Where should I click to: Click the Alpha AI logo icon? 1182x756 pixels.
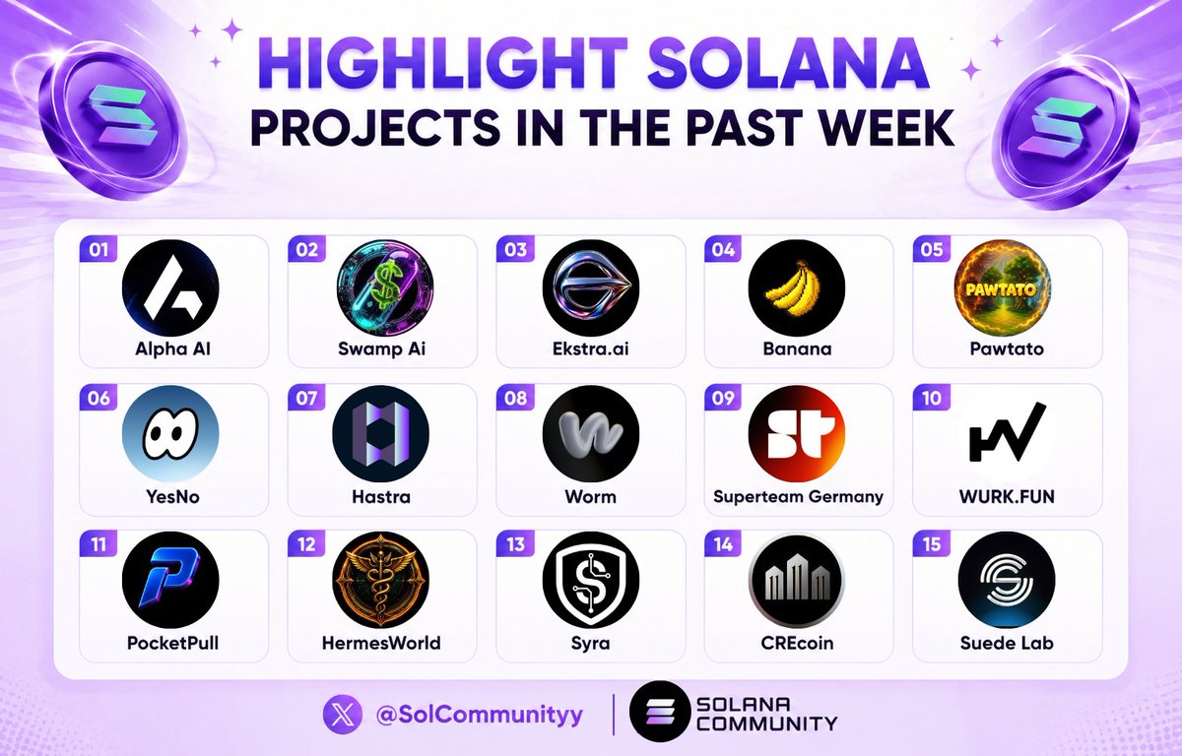click(x=170, y=287)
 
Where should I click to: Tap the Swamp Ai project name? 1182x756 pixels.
click(x=381, y=349)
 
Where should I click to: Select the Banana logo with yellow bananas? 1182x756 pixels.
click(x=797, y=287)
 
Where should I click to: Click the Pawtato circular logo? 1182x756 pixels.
click(x=1002, y=287)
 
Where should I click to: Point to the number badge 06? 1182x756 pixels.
click(x=98, y=398)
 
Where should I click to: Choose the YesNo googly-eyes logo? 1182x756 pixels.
click(x=170, y=434)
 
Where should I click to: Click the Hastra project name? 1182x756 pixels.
click(x=381, y=497)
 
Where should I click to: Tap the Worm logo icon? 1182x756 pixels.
click(x=590, y=434)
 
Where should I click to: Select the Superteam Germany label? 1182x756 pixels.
click(x=798, y=497)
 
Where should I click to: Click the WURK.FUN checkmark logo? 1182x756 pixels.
click(x=1007, y=434)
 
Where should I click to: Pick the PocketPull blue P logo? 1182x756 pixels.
click(x=170, y=580)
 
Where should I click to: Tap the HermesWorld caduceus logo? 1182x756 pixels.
click(x=381, y=580)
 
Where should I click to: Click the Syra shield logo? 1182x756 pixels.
click(x=590, y=580)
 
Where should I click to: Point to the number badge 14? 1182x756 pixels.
click(x=723, y=543)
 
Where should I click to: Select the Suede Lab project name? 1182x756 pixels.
click(x=1007, y=643)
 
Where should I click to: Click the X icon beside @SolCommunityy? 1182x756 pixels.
click(x=343, y=715)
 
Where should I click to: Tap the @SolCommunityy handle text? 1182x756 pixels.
click(x=479, y=716)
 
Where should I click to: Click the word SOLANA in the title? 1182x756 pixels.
click(x=788, y=64)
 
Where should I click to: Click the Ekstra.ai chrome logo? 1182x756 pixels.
click(x=590, y=287)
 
